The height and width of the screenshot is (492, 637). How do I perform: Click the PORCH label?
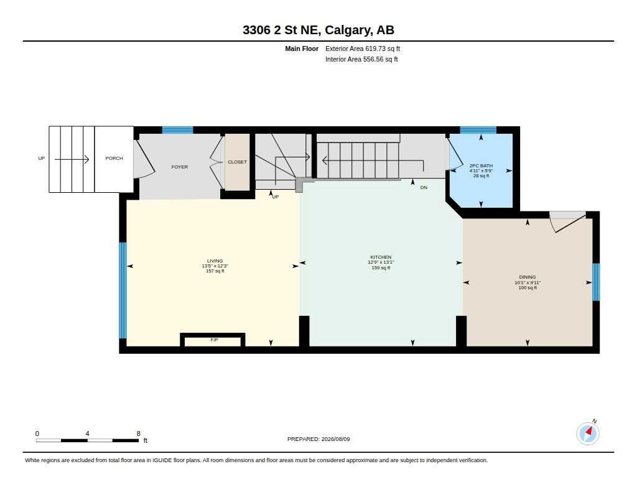pos(114,158)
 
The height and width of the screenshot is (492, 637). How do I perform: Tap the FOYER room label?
pos(180,167)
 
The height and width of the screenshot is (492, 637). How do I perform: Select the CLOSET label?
pos(237,162)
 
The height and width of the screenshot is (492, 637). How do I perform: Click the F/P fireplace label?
pos(214,340)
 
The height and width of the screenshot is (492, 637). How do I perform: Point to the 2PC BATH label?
pos(481,165)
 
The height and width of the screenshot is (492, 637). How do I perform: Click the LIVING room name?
pos(215,261)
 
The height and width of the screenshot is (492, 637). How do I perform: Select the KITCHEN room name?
pos(381,257)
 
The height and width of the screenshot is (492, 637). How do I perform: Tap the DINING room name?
pos(528,277)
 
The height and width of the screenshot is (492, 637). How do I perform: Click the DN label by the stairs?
pos(424,187)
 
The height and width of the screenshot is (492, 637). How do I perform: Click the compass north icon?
pos(588,433)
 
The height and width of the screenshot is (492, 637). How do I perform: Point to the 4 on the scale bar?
pos(87,434)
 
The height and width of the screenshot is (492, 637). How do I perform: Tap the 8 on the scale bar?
pos(139,434)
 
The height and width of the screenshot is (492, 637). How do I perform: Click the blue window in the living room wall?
pos(123,290)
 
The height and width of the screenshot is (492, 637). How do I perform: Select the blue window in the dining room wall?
pos(596,282)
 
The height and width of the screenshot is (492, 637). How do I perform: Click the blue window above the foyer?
pos(177,130)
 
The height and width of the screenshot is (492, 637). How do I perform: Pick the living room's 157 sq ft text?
pos(215,271)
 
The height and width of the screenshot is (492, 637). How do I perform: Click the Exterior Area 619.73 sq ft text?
pos(363,49)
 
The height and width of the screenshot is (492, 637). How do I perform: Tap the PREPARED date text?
pos(318,439)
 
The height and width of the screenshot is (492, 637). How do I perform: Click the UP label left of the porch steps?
pos(42,158)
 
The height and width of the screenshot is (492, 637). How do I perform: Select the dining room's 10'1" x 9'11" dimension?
pos(528,282)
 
